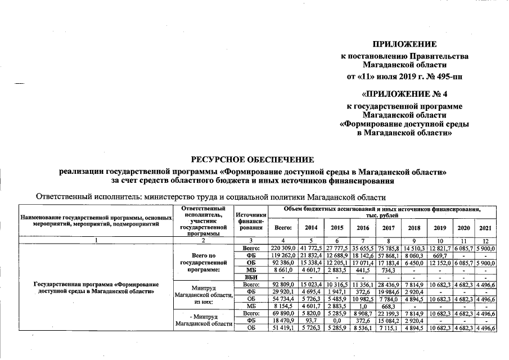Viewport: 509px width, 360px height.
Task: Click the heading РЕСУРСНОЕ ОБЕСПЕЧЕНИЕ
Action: pyautogui.click(x=253, y=160)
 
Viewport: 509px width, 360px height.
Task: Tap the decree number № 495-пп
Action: pyautogui.click(x=444, y=76)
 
